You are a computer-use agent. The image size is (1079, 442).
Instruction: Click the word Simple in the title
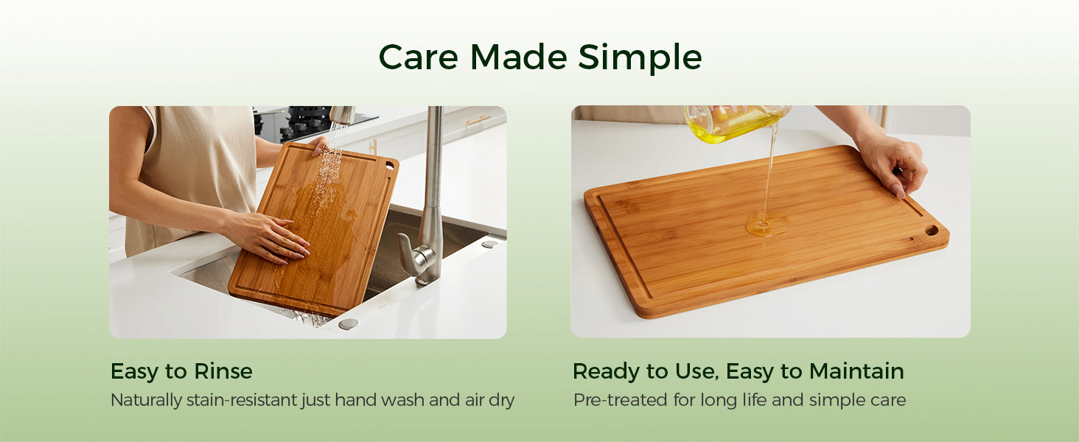640,58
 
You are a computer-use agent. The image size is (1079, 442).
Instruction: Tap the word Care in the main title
418,57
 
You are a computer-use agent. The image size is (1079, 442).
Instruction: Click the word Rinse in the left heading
223,371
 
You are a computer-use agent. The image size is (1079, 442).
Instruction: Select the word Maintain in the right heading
856,371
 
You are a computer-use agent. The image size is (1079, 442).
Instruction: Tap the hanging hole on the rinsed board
390,166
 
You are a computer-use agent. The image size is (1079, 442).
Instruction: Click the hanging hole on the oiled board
932,231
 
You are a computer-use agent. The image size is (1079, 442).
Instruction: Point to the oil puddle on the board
767,224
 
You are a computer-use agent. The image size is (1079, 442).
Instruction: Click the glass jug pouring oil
736,123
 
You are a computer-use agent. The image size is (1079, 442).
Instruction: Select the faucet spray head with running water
342,115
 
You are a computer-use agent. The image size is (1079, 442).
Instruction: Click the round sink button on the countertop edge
349,324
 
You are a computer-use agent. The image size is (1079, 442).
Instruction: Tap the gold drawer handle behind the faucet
478,120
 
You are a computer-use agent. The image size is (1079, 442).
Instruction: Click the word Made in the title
518,57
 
